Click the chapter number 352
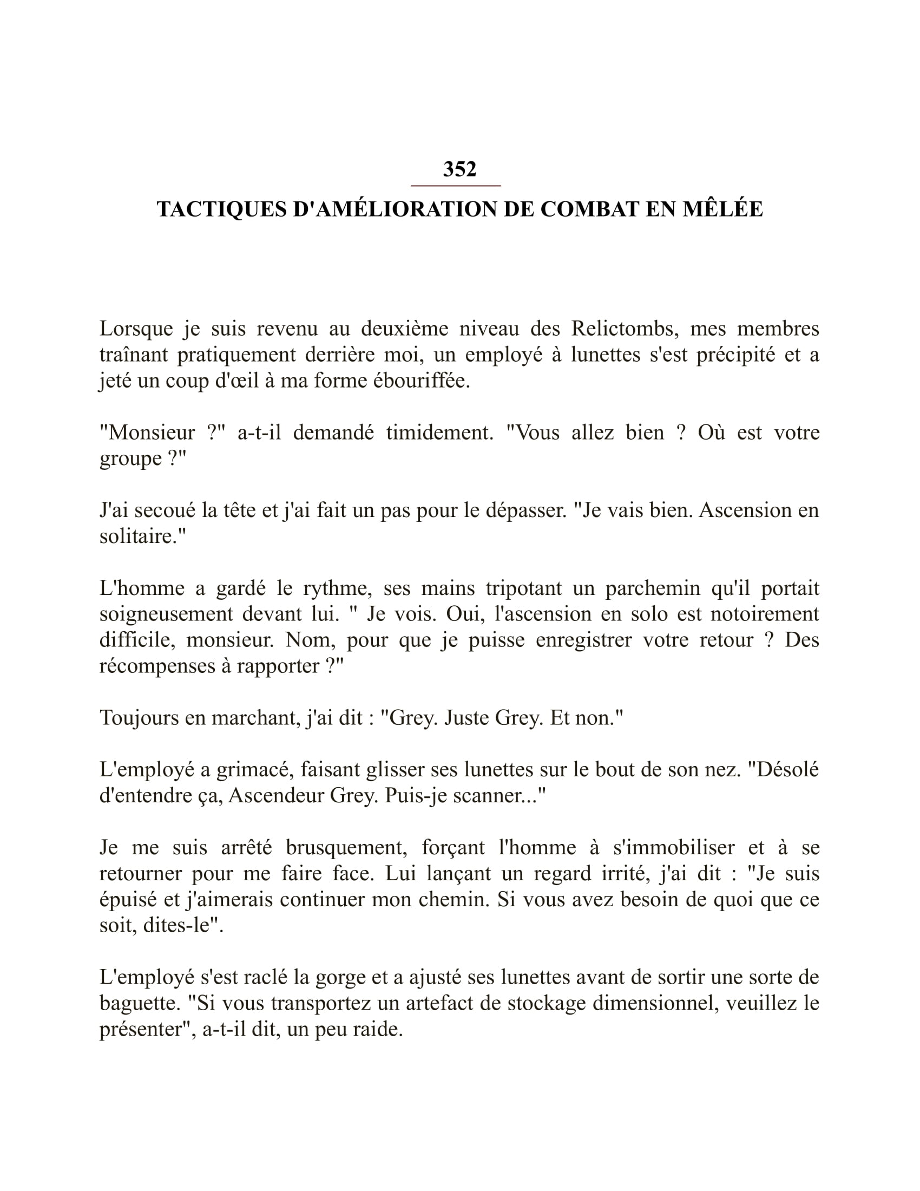[459, 169]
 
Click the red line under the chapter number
[456, 186]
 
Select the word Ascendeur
[275, 796]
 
